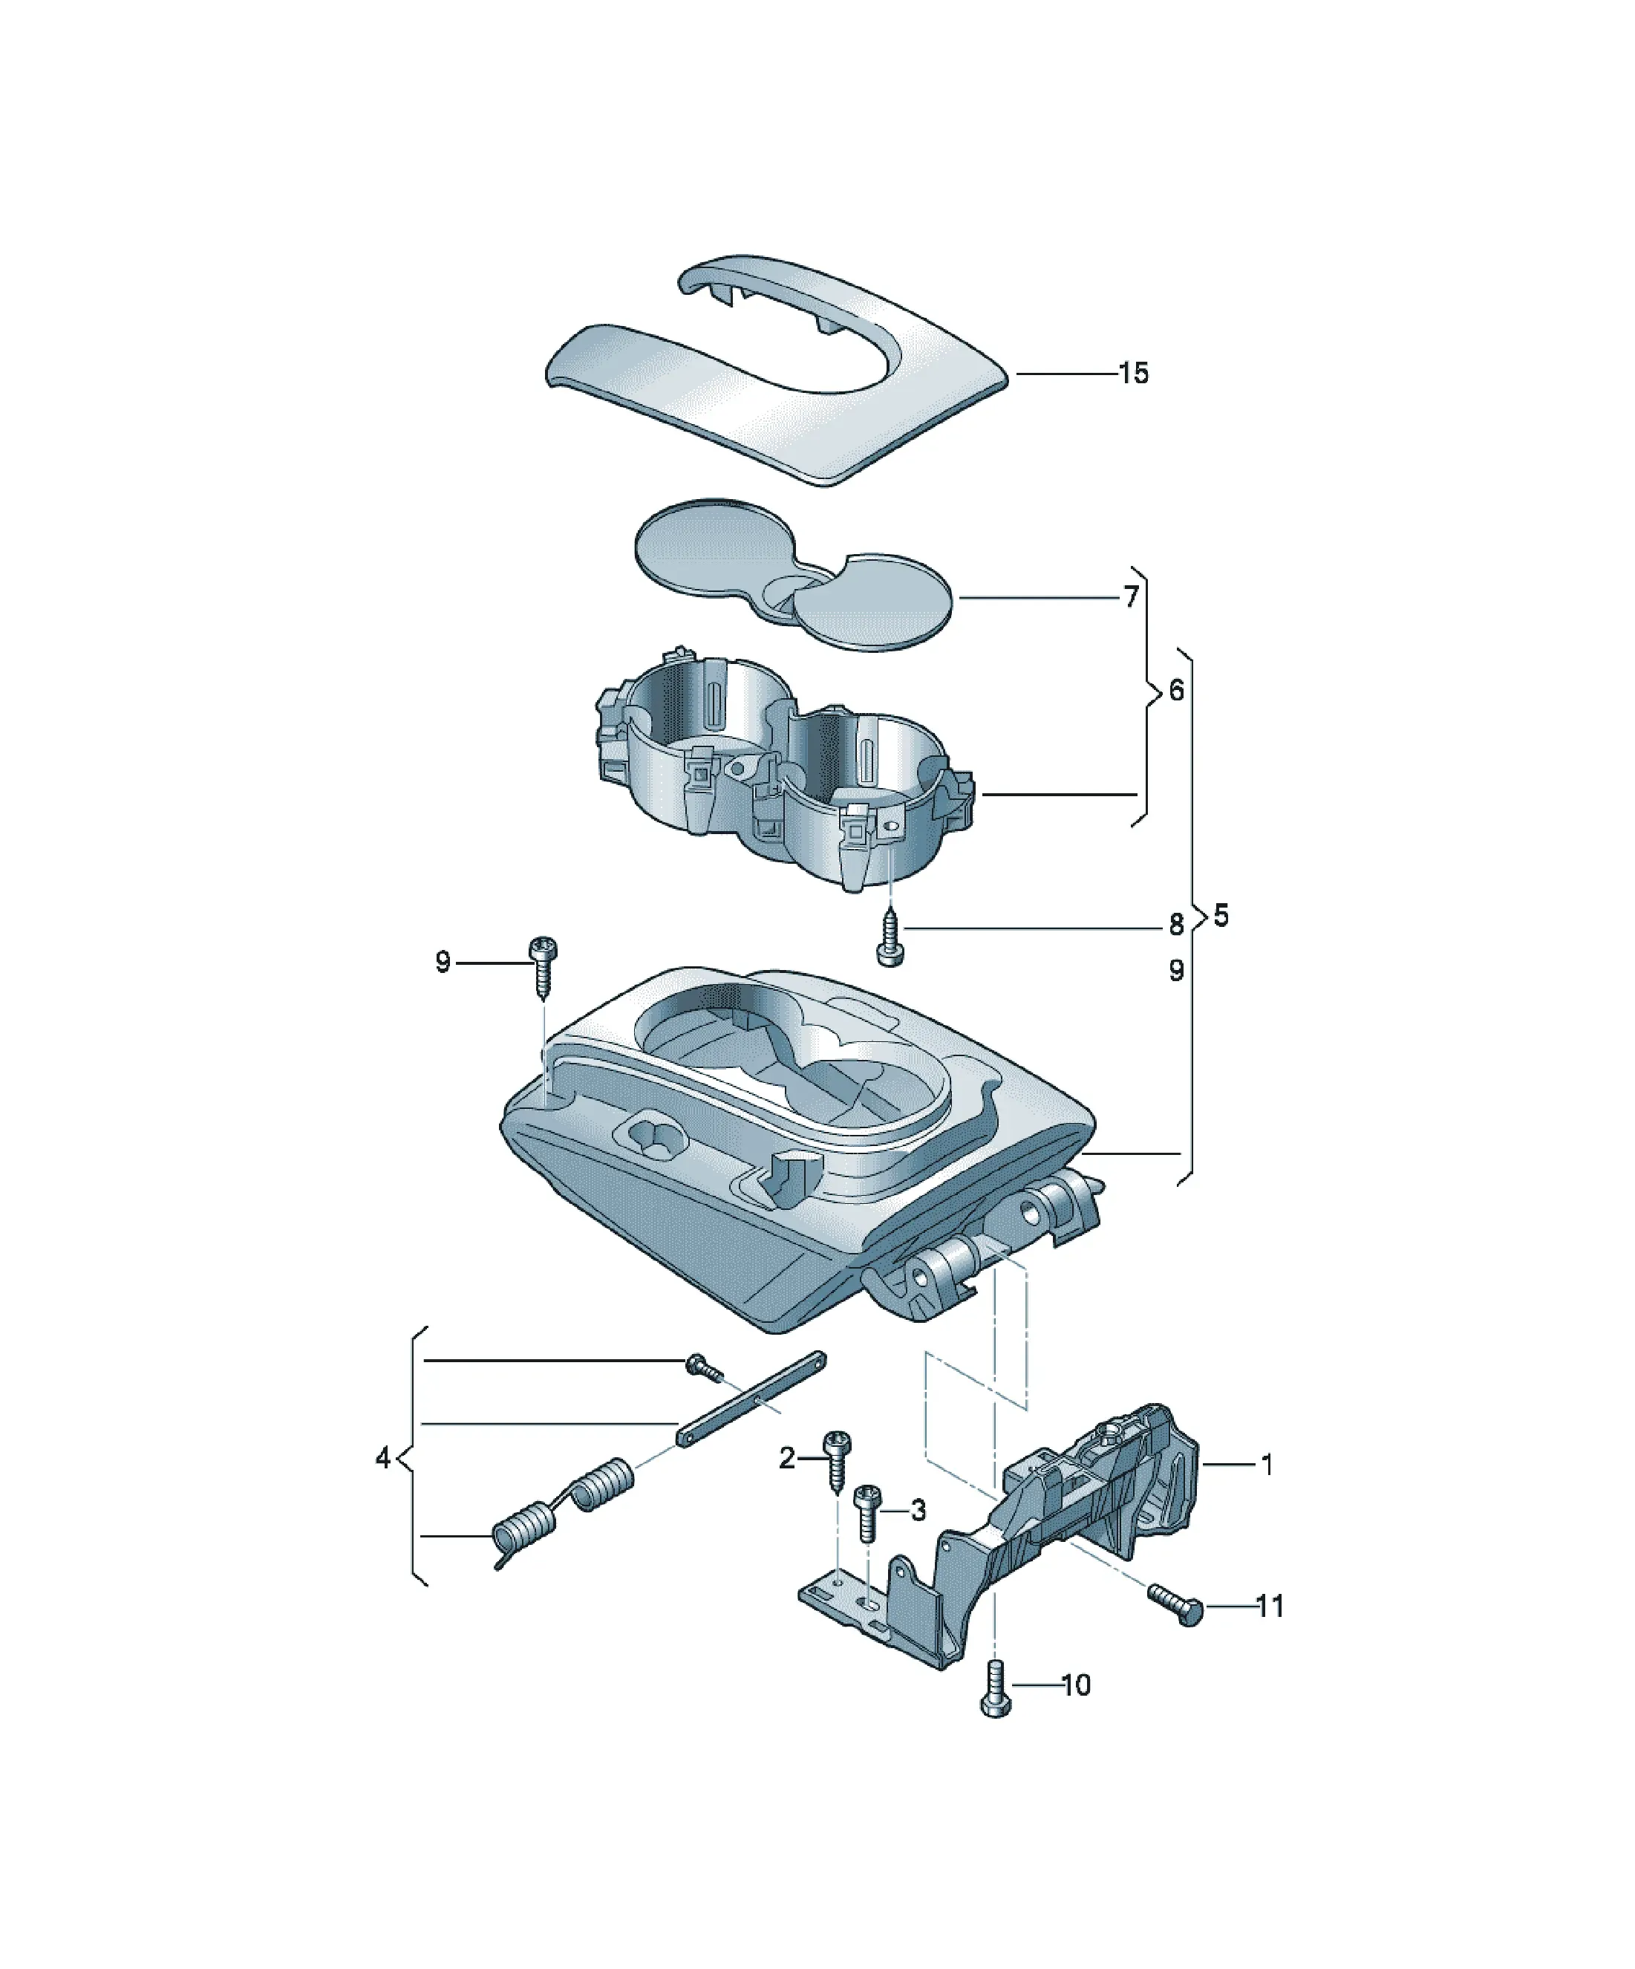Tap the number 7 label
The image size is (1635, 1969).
pyautogui.click(x=1132, y=596)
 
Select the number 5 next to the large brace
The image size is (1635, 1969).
pyautogui.click(x=1221, y=915)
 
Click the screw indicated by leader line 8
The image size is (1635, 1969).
pyautogui.click(x=888, y=937)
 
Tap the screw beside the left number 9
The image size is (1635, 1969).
pyautogui.click(x=543, y=966)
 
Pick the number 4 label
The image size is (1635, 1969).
pyautogui.click(x=382, y=1458)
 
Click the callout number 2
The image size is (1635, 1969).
pyautogui.click(x=786, y=1457)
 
